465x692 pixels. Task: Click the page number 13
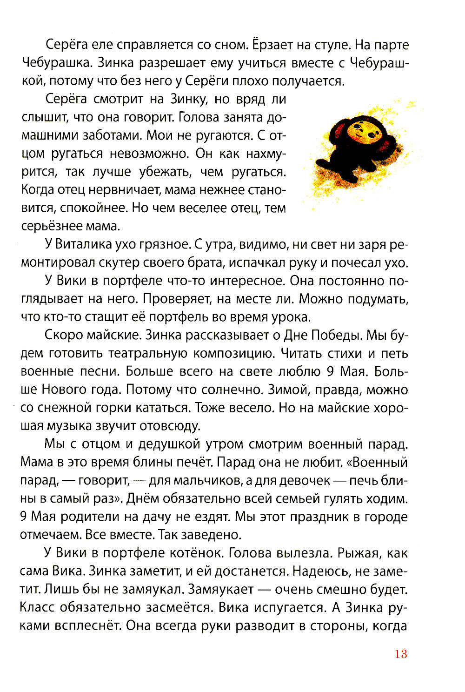400,654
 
